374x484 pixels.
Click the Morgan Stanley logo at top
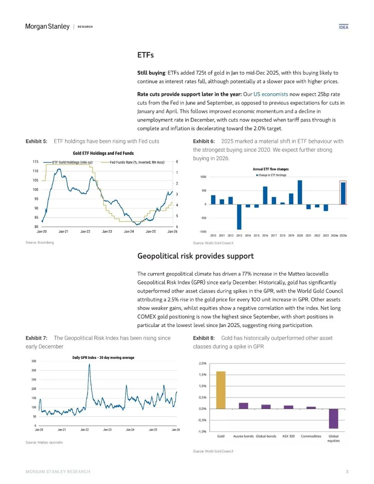point(47,27)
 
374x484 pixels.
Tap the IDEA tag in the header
point(344,27)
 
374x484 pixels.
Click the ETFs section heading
point(145,55)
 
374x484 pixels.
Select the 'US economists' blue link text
point(270,94)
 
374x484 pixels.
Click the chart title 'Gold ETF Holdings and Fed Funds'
point(103,153)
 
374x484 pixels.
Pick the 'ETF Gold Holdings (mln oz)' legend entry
point(72,162)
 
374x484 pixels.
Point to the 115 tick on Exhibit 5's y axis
point(36,162)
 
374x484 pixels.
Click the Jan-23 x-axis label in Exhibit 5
point(107,231)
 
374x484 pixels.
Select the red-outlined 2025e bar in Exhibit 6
point(343,193)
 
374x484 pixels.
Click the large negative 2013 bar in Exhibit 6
point(239,217)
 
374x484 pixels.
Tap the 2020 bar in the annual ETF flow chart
point(300,192)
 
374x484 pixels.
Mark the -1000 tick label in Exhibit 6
point(203,232)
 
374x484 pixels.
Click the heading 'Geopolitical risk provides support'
point(195,256)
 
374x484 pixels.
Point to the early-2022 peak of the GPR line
point(89,365)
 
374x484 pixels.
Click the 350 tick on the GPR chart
point(34,361)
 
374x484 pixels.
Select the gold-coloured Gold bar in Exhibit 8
point(221,390)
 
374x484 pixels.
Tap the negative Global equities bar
point(333,419)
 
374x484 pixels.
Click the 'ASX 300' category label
point(288,436)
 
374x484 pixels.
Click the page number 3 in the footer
point(347,472)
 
